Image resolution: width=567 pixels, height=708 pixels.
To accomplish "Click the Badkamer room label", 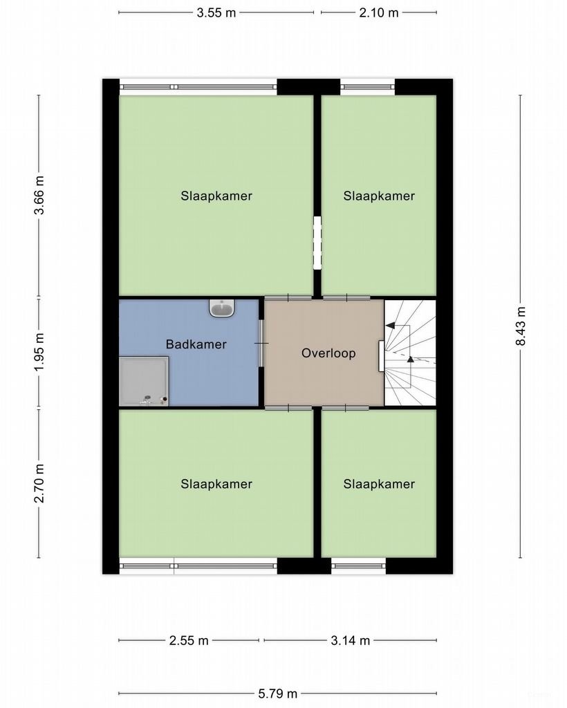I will pyautogui.click(x=196, y=344).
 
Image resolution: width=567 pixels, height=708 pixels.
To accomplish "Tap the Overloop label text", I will pyautogui.click(x=328, y=353).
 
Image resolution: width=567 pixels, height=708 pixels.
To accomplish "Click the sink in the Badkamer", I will pyautogui.click(x=222, y=308).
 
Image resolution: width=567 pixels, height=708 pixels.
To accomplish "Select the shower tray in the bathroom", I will pyautogui.click(x=144, y=380).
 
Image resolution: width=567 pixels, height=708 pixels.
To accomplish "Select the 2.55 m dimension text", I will pyautogui.click(x=189, y=640).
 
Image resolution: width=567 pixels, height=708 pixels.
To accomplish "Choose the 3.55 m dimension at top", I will pyautogui.click(x=216, y=12).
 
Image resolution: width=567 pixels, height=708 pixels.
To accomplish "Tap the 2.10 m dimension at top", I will pyautogui.click(x=379, y=12).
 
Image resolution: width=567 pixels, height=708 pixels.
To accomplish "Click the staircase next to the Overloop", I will pyautogui.click(x=411, y=353).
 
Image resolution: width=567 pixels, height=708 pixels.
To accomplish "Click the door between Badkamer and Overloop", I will pyautogui.click(x=261, y=344).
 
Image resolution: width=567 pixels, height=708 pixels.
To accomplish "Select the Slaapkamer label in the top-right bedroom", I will pyautogui.click(x=379, y=196).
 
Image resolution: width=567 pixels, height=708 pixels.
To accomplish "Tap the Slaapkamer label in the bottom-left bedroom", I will pyautogui.click(x=216, y=484).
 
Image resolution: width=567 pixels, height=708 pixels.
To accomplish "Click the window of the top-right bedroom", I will pyautogui.click(x=367, y=87).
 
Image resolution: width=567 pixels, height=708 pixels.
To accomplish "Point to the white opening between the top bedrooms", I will pyautogui.click(x=317, y=243).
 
